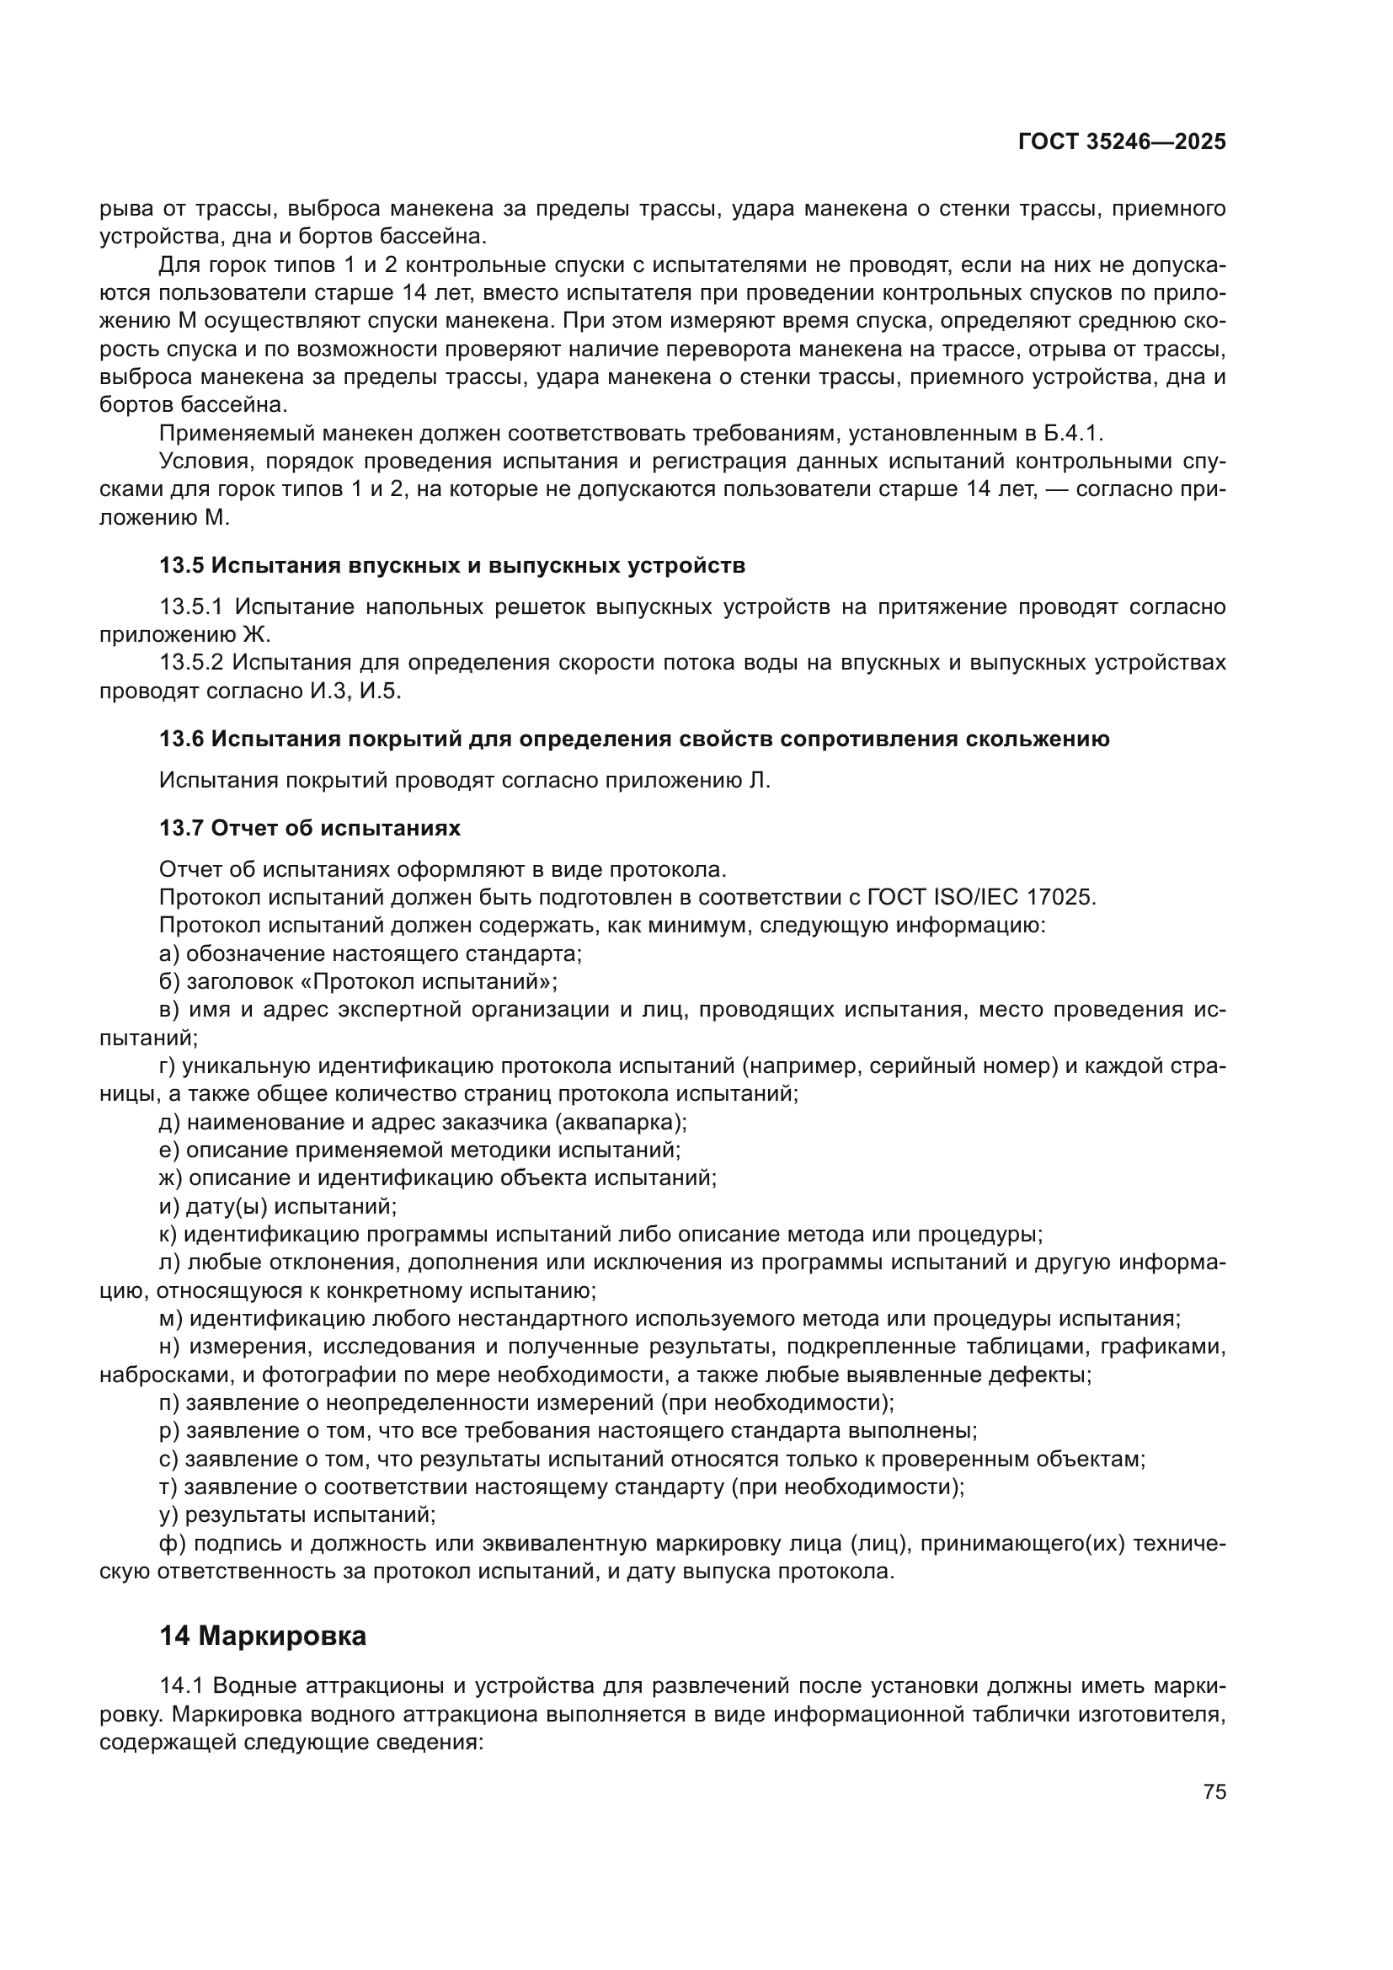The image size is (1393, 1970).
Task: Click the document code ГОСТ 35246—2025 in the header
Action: pos(1121,141)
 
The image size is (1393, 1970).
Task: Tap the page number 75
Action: pos(1214,1791)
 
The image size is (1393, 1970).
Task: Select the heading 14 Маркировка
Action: pos(263,1636)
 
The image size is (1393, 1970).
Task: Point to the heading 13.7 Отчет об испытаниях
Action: pos(310,828)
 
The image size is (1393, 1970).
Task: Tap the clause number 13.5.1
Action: pos(191,607)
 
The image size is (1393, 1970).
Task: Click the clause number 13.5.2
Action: pos(191,662)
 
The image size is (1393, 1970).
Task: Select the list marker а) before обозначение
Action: pos(169,953)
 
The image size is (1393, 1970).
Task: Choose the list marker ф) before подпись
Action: pos(172,1545)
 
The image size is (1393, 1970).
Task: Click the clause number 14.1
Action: pos(181,1686)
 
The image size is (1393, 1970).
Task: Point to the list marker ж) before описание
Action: pos(172,1178)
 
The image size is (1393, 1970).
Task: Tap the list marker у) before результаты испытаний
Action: pos(169,1516)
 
